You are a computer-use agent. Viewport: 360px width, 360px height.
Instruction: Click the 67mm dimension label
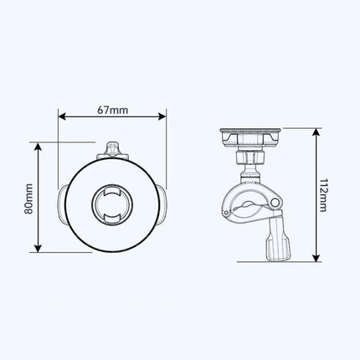111,109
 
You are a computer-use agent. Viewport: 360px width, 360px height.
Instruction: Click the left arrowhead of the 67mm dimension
62,117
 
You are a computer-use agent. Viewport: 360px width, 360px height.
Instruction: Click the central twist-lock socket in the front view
111,203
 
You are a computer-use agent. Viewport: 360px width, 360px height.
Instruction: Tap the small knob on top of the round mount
111,150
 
